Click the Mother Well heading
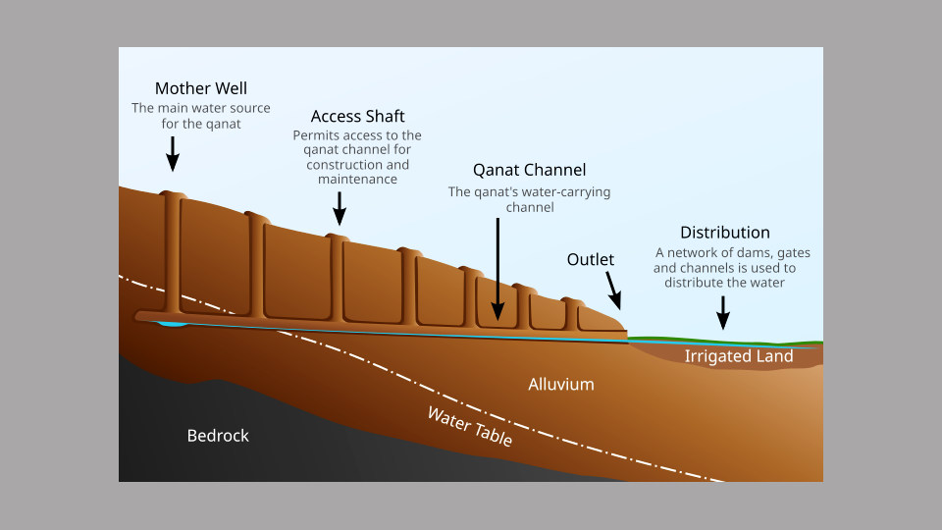tap(200, 88)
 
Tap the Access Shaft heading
tap(357, 116)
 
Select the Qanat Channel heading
tap(529, 170)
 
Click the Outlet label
tap(590, 259)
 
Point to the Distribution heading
tap(724, 233)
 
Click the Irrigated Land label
tap(738, 356)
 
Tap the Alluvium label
tap(561, 384)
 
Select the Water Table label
tap(469, 426)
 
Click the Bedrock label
tap(218, 435)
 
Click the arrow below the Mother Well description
tap(172, 153)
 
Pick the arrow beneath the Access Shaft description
tap(340, 207)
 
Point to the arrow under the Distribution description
tap(724, 312)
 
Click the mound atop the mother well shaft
tap(172, 195)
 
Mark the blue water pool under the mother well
tap(172, 323)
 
